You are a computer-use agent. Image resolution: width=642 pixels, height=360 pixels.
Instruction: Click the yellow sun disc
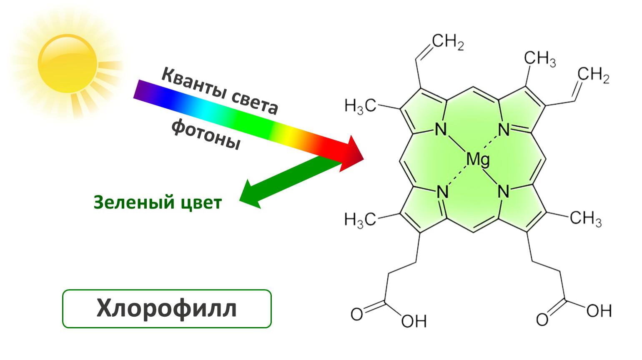[68, 64]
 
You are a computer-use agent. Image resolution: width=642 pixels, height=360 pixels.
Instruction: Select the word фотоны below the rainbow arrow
[206, 134]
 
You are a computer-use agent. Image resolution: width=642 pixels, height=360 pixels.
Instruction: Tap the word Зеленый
[134, 202]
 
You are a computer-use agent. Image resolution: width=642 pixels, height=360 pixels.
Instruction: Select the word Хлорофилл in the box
[166, 308]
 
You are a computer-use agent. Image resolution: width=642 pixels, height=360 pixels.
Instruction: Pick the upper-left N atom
[441, 129]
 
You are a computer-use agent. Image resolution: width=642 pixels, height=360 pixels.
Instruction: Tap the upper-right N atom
[504, 130]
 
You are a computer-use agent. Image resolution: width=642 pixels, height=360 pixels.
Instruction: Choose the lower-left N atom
[442, 192]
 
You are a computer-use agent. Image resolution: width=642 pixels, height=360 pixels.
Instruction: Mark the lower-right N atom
[503, 191]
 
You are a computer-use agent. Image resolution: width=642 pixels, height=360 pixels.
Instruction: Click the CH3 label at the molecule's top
[540, 59]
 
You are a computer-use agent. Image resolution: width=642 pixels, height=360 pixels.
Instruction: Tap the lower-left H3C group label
[360, 220]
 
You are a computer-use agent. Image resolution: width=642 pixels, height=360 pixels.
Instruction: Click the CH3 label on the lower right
[586, 219]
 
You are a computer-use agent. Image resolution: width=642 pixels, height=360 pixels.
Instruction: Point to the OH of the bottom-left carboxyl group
[414, 321]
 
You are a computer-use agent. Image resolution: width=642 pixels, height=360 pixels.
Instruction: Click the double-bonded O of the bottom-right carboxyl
[542, 320]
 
